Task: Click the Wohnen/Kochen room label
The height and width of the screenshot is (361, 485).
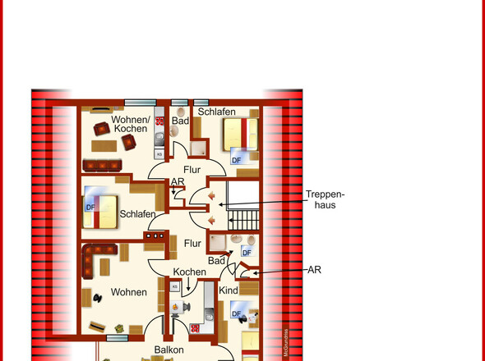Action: point(130,124)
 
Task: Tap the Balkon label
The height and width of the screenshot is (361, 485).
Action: point(169,350)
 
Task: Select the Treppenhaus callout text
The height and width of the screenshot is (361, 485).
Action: point(325,199)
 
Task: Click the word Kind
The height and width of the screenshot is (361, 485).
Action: point(229,290)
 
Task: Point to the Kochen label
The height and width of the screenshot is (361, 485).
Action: point(189,272)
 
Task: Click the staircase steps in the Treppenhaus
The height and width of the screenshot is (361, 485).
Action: point(243,220)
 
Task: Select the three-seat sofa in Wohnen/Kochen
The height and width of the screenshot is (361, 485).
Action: point(102,166)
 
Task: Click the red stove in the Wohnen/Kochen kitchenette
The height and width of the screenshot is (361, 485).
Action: point(159,121)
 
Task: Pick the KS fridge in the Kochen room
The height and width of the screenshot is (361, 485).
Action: point(175,286)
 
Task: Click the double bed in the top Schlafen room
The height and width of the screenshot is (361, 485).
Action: point(241,135)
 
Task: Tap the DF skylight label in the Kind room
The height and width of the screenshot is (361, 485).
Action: point(236,313)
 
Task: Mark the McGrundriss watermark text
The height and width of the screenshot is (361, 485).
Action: point(286,343)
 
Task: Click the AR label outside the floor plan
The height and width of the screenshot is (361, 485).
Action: point(314,270)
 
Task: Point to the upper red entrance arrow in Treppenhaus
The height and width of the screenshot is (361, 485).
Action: point(211,196)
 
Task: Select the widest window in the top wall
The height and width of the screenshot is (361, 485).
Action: point(140,103)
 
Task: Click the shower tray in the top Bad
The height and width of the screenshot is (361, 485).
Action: point(197,149)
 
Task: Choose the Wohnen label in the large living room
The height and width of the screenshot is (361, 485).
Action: point(129,292)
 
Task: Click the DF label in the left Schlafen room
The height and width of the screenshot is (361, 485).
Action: point(90,208)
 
